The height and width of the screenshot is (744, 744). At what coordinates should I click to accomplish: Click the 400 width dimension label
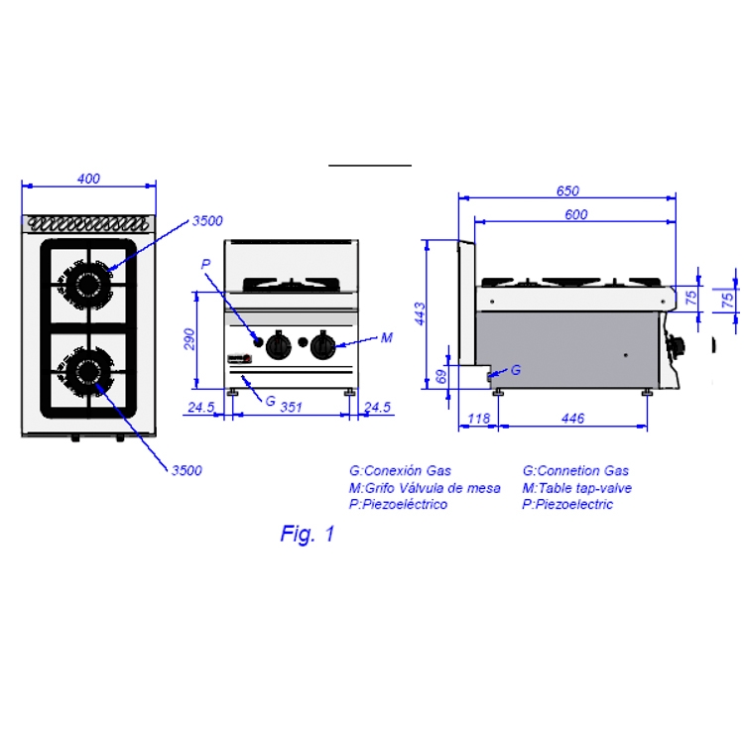tap(88, 179)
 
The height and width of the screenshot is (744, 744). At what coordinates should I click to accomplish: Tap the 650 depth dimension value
tap(567, 190)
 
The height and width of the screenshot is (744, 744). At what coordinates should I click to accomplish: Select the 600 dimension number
tap(576, 214)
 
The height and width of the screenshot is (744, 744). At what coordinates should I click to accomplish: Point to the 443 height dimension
tap(420, 313)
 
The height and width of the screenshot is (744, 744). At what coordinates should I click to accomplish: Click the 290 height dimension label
tap(188, 339)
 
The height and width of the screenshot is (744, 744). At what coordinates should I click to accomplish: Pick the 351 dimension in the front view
tap(291, 407)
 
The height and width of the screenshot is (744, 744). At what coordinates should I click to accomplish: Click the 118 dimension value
tap(478, 419)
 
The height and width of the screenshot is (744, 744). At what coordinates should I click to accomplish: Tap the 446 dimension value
tap(572, 419)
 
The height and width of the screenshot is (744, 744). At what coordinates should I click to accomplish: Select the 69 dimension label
tap(441, 377)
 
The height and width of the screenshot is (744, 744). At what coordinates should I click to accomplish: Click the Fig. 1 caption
tap(308, 534)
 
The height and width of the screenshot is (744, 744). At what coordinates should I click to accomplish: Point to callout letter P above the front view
tap(205, 264)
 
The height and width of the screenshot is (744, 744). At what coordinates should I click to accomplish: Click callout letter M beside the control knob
tap(387, 338)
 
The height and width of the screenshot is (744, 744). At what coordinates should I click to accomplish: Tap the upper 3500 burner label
tap(207, 221)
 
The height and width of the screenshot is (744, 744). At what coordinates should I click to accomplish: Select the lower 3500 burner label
tap(186, 470)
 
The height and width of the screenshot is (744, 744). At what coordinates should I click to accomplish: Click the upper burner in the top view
tap(86, 285)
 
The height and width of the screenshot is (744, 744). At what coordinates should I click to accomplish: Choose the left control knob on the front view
tap(278, 345)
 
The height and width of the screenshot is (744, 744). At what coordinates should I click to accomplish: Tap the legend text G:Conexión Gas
tap(400, 470)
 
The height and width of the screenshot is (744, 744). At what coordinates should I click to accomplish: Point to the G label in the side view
tap(516, 370)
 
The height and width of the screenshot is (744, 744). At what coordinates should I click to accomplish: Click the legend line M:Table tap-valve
tap(577, 488)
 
